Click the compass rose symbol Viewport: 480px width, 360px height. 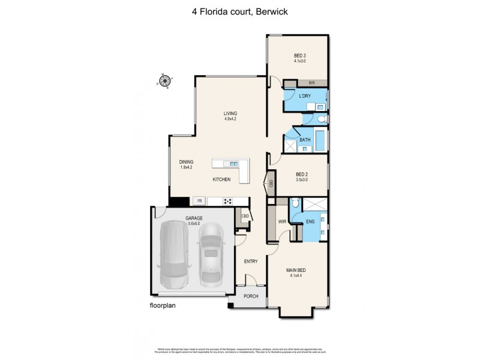164,80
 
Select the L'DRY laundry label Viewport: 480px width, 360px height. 305,96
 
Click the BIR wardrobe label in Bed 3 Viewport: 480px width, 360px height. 311,83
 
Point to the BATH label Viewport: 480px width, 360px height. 305,140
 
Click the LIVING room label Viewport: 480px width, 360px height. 230,113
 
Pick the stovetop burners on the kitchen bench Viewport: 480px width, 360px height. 228,201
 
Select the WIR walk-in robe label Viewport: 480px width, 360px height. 281,221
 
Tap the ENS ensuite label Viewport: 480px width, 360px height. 310,221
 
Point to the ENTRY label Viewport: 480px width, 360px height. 250,262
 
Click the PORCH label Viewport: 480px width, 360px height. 250,296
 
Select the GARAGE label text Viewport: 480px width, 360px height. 193,218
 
